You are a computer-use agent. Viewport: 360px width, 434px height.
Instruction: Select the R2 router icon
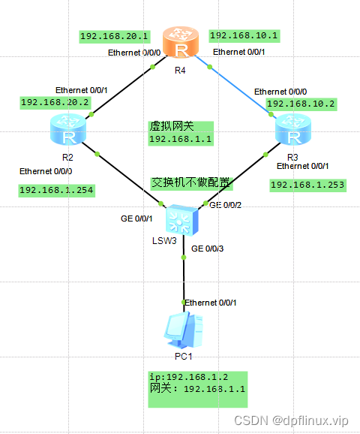67,131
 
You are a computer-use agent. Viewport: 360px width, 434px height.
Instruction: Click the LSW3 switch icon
182,219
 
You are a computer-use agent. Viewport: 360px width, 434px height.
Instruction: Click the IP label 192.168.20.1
115,35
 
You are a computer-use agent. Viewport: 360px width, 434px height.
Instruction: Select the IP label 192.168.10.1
244,35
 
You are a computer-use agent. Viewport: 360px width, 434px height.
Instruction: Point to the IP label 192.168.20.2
55,101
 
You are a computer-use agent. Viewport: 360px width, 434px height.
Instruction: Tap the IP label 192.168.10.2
300,103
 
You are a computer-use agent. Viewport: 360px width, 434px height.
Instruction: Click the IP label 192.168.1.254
56,190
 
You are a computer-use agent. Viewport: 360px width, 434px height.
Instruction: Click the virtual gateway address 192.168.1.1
181,139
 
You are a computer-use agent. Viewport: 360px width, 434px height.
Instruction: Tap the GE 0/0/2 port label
225,204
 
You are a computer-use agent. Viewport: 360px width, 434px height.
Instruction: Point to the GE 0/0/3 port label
208,248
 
